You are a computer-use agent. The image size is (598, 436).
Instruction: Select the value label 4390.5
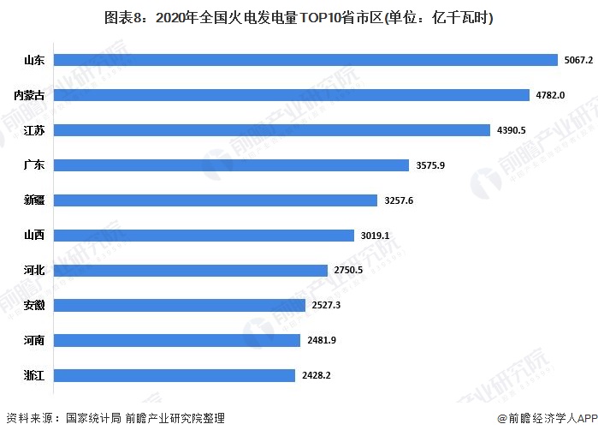(x=512, y=130)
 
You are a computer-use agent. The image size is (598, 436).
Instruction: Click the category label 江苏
(x=35, y=130)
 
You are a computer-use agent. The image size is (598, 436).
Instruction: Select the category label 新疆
(x=35, y=200)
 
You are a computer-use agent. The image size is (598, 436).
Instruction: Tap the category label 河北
(x=35, y=270)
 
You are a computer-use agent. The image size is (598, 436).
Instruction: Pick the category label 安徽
(x=35, y=305)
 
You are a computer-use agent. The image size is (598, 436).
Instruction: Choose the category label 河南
(x=35, y=340)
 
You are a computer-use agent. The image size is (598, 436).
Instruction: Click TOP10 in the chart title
(x=316, y=17)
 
